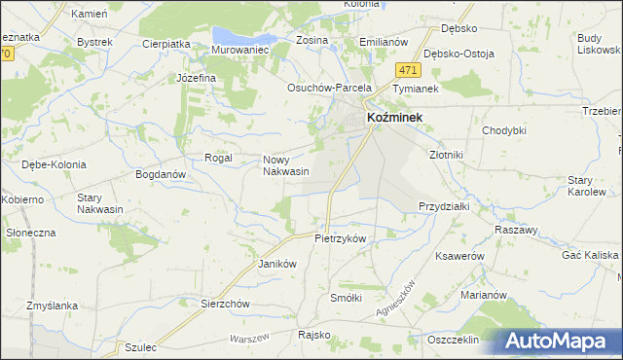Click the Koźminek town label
(x=399, y=116)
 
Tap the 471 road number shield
(x=408, y=70)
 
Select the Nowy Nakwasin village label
(x=286, y=165)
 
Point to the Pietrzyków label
(x=340, y=237)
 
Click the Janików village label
(x=276, y=264)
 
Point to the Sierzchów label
(x=226, y=304)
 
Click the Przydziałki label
(x=445, y=206)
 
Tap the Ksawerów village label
(x=460, y=255)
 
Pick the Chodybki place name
(x=504, y=130)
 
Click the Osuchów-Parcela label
(x=330, y=87)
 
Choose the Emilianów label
(x=383, y=43)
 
